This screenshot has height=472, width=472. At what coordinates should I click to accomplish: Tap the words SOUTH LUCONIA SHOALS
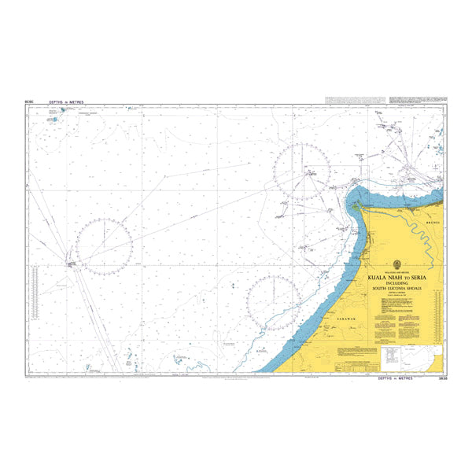[397, 289]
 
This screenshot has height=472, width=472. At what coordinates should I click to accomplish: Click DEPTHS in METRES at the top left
[66, 102]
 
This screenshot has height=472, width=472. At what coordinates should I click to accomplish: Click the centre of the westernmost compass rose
[104, 247]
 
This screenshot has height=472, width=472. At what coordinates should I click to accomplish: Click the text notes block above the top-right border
[354, 99]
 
